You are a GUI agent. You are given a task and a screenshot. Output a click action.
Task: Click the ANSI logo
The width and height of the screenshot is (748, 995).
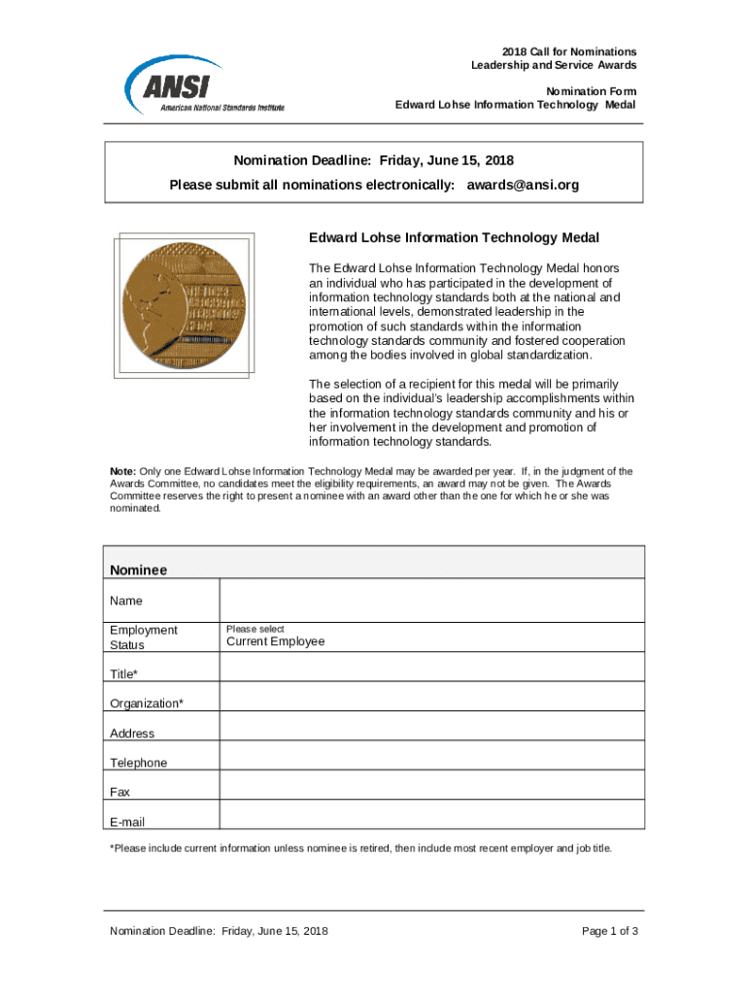point(204,85)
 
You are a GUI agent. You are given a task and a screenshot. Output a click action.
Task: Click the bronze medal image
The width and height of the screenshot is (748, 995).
point(185,304)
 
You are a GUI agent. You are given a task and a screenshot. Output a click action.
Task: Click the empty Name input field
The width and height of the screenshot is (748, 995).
point(431,600)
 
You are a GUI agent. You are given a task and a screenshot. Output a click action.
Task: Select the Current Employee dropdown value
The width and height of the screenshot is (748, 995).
point(276,641)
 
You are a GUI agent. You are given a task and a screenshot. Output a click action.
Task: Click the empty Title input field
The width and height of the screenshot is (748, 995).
point(431,667)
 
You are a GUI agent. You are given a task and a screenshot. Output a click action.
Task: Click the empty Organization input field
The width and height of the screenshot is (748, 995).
point(431,696)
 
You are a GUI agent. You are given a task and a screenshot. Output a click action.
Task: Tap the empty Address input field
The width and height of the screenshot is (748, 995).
point(431,726)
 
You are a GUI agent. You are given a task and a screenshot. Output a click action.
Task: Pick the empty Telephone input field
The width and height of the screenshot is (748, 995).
point(431,756)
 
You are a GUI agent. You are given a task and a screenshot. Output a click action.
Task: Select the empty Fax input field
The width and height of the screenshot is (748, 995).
point(431,785)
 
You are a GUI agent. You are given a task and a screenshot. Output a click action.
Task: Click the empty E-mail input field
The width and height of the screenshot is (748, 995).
point(431,814)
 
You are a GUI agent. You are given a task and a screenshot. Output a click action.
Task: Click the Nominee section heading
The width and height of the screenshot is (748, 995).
point(139,569)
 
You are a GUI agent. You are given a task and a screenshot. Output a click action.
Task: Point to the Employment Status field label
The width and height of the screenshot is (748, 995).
point(144,637)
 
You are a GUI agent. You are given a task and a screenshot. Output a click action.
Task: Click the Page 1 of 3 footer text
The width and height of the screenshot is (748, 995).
point(609,931)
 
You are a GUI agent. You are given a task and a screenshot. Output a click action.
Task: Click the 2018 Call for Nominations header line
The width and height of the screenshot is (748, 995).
point(569,51)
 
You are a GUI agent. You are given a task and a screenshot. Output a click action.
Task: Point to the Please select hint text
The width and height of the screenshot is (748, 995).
point(255,629)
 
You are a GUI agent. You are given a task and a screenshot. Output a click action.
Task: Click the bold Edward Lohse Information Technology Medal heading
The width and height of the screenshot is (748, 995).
point(454,238)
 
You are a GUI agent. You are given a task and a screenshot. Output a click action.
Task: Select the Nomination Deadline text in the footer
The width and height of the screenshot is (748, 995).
point(219,931)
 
